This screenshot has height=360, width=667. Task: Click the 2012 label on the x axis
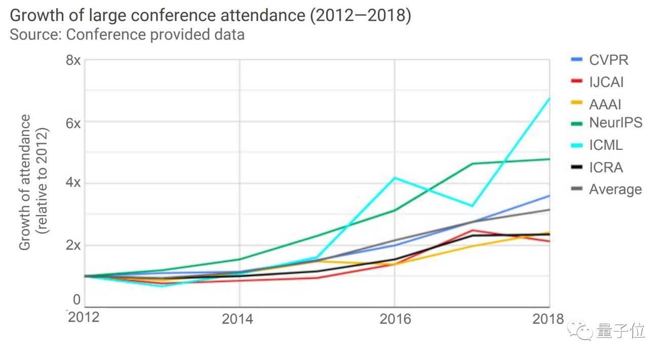(x=84, y=317)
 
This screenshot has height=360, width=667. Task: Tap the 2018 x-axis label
(x=547, y=319)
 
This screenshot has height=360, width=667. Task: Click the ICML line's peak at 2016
(x=395, y=178)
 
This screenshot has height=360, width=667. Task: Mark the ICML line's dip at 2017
(x=472, y=206)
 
